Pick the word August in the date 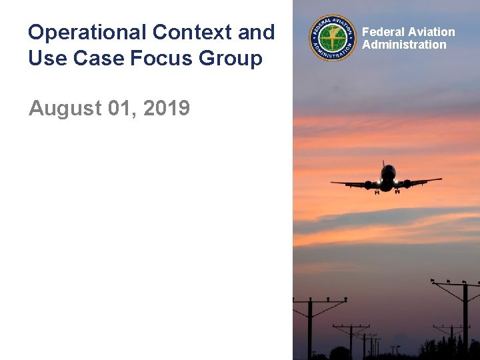[65, 107]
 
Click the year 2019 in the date [167, 107]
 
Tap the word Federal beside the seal [383, 32]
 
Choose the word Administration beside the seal [404, 45]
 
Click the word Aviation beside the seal [431, 32]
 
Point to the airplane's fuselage [387, 179]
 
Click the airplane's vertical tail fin [385, 165]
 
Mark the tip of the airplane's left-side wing [333, 183]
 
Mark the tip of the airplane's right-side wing [441, 179]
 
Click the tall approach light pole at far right [465, 320]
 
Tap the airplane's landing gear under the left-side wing [377, 191]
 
